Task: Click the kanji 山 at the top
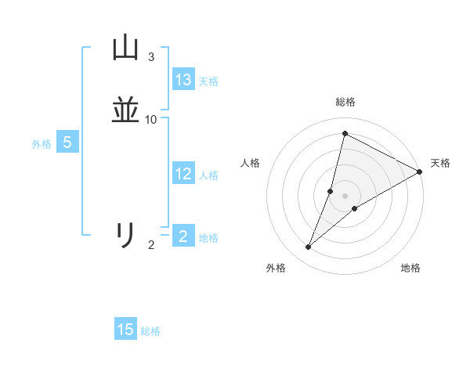coord(125,49)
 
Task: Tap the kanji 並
coord(125,110)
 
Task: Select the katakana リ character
coord(125,236)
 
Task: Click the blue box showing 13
coord(183,80)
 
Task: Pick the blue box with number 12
coord(183,174)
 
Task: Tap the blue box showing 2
coord(183,236)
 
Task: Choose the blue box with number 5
coord(67,143)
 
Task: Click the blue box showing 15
coord(125,330)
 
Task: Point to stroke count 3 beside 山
coord(151,57)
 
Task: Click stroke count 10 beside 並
coord(151,119)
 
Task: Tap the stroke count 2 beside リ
coord(151,245)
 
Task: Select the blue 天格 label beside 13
coord(208,81)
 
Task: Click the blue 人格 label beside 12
coord(208,175)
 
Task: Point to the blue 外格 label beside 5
coord(42,144)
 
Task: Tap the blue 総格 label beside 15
coord(150,331)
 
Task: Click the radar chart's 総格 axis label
coord(345,102)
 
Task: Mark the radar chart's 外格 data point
coord(309,247)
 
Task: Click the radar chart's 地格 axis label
coord(410,268)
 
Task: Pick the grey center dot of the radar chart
coord(345,195)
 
